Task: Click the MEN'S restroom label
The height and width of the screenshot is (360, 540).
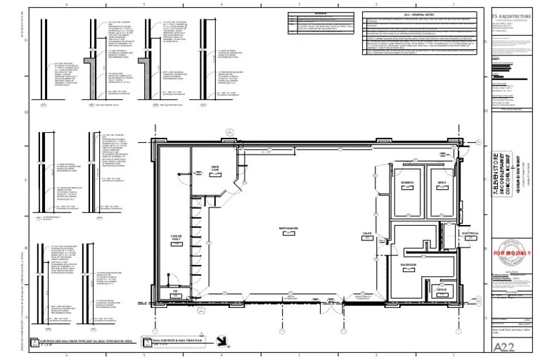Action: coord(442,183)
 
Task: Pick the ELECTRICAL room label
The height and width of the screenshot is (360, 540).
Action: coord(470,233)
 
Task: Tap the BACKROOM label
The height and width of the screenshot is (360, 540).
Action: coord(409,265)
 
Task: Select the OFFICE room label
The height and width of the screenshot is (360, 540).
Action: coord(442,290)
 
